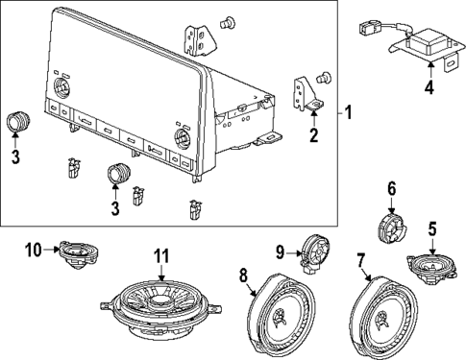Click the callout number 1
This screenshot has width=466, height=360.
pos(349,113)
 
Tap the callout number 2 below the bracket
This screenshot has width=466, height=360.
pos(314,135)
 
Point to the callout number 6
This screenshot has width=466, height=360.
pos(391,187)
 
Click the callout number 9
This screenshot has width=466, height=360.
pos(280,252)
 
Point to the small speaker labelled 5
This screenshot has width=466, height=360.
pos(429,262)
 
